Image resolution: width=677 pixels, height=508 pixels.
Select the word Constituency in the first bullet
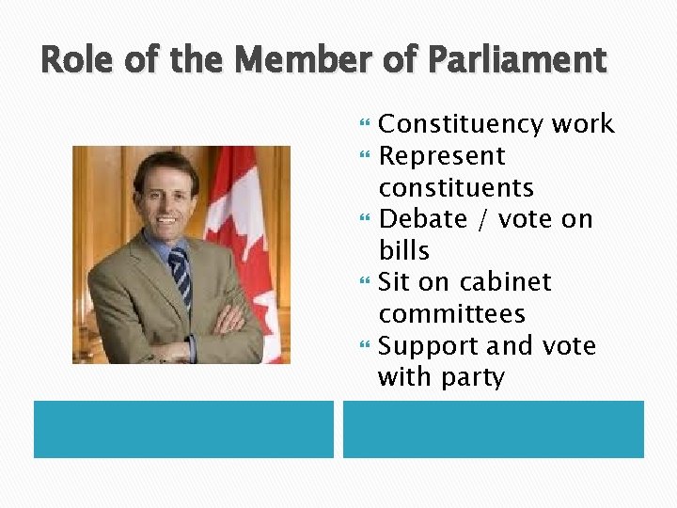pos(450,125)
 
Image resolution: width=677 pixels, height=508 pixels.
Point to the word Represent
pos(441,156)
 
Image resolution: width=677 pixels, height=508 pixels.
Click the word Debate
pos(422,219)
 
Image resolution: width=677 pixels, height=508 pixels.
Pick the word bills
pos(403,251)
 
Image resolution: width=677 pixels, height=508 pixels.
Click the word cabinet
pos(506,282)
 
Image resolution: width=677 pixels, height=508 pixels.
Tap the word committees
pos(451,314)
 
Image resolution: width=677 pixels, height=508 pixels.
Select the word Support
pos(429,346)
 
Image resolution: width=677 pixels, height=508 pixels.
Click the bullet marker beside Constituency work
pos(368,124)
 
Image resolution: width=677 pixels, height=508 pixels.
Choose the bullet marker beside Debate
pos(368,219)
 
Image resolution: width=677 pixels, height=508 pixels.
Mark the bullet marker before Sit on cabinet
pos(368,282)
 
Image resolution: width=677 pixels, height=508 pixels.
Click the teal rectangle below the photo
pos(183,429)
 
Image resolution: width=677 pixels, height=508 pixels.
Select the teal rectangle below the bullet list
pos(493,429)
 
